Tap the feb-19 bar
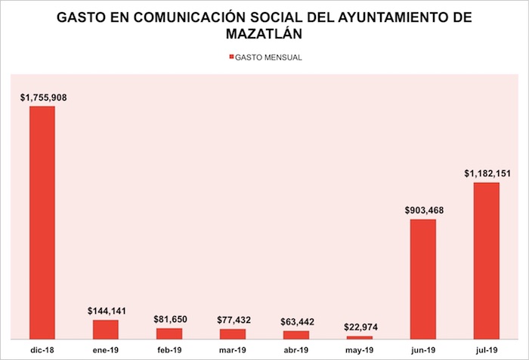169,333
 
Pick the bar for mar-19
233,334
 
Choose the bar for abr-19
296,334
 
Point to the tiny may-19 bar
360,337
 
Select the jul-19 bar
487,260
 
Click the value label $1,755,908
42,97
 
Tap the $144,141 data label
106,310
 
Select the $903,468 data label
423,209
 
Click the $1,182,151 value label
487,173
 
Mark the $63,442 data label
296,321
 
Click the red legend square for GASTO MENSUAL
230,57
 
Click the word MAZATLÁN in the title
264,35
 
